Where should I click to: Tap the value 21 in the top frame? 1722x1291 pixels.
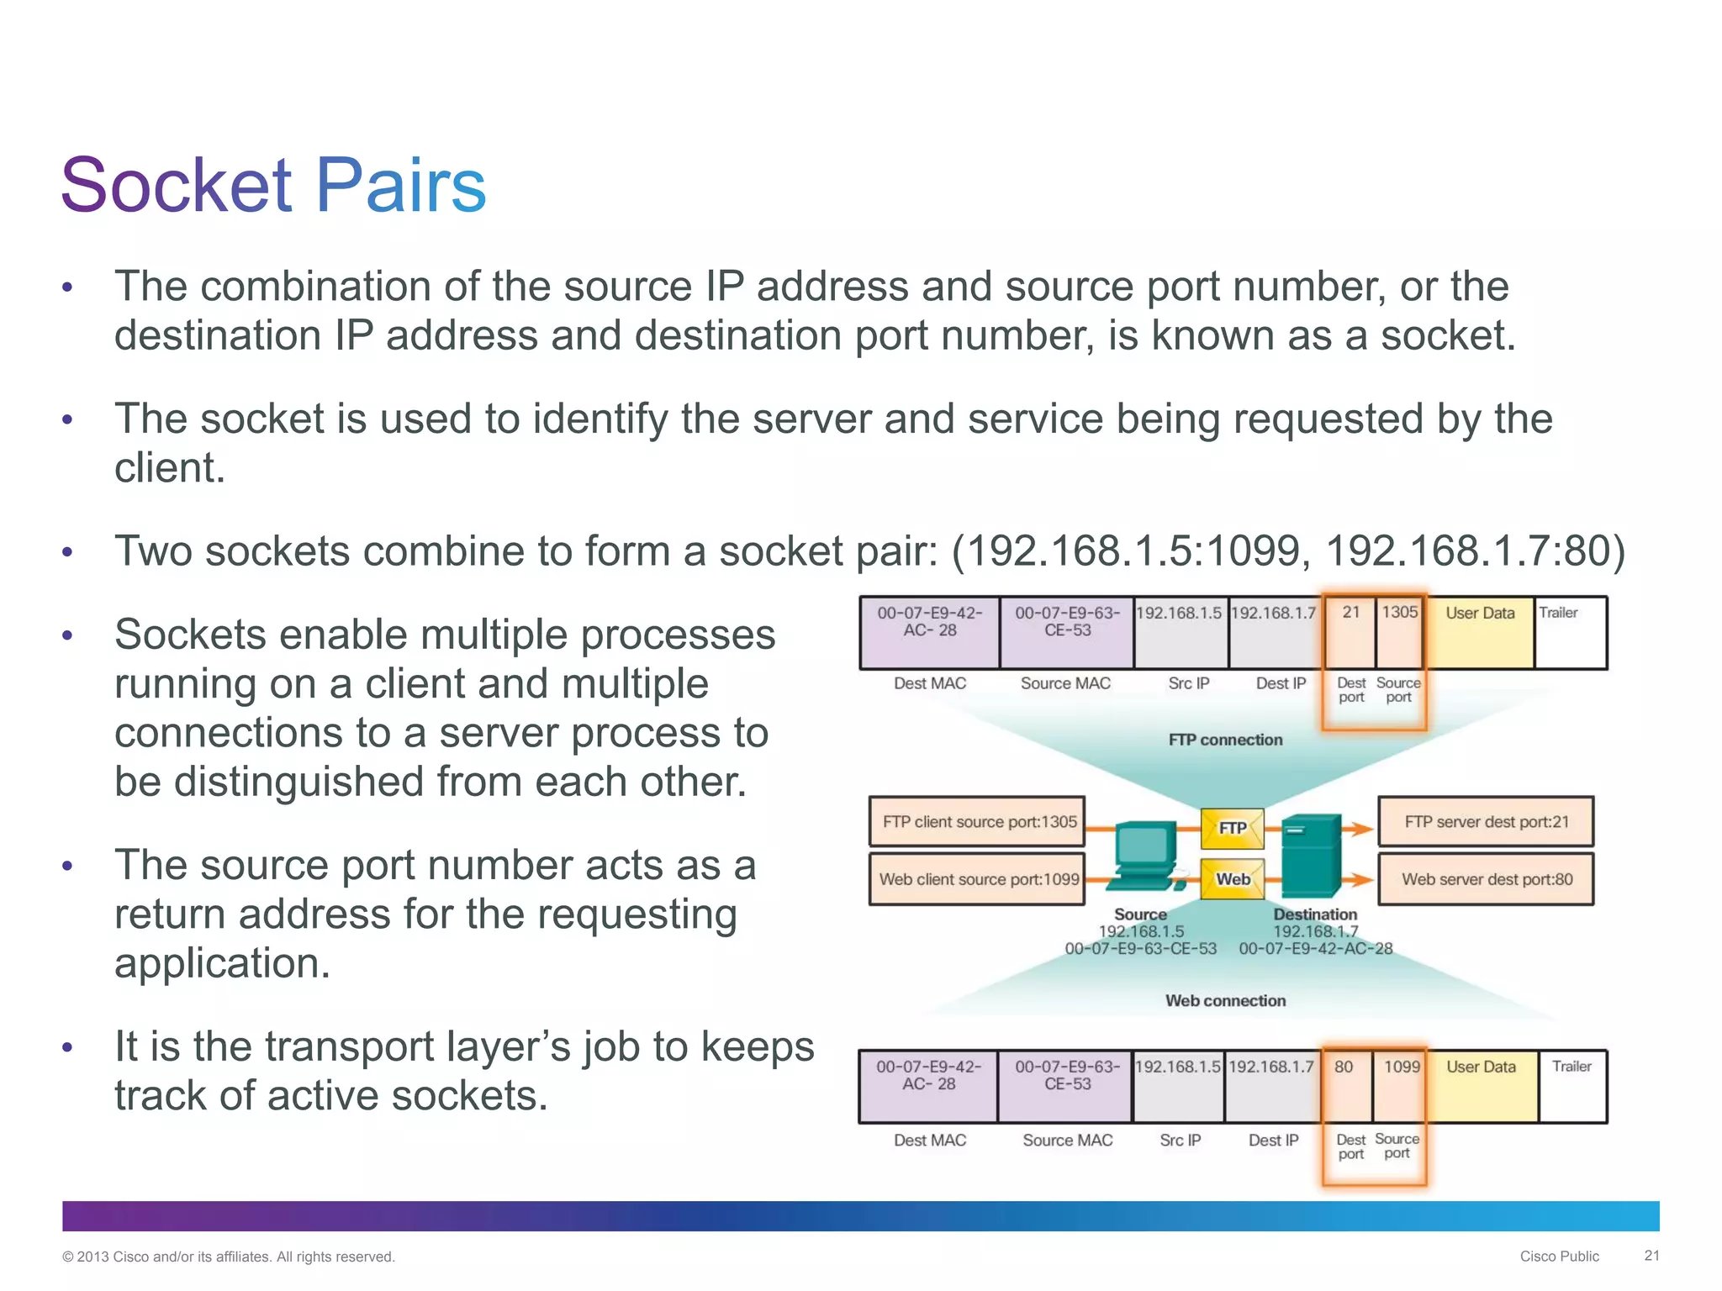(1350, 614)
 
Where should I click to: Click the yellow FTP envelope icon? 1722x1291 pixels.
(1232, 828)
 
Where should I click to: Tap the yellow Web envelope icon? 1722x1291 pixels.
(1232, 879)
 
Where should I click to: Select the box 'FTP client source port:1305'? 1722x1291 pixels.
(978, 822)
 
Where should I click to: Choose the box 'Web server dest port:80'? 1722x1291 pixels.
(1486, 879)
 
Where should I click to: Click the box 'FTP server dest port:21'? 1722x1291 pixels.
(1486, 822)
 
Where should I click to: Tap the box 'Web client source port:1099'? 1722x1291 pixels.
(978, 879)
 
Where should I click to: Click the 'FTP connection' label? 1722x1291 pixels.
(1225, 740)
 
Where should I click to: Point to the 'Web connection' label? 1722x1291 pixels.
(1225, 1000)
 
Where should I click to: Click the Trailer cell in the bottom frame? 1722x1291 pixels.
(1571, 1084)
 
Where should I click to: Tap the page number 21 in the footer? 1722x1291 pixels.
(1651, 1256)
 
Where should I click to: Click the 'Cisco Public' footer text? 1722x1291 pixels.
(1559, 1256)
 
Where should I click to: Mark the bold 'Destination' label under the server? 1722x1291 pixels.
(1315, 914)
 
